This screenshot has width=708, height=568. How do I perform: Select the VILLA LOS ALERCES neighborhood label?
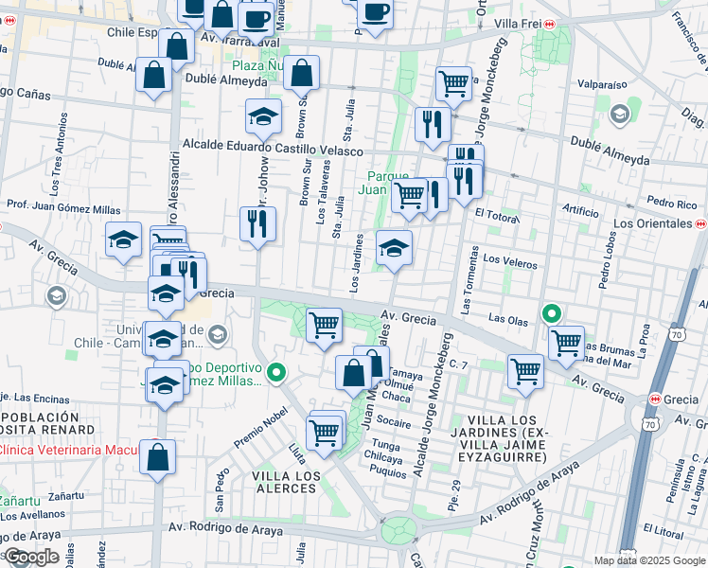286,482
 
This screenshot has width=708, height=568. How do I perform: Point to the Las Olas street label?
507,322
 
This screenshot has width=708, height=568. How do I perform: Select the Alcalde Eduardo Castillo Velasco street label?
273,150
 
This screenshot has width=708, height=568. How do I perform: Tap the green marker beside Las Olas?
550,312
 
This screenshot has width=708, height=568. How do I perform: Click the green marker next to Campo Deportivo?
275,373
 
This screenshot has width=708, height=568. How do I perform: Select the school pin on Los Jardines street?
395,249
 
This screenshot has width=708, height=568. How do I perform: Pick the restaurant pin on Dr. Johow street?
257,224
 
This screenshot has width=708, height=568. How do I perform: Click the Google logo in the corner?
32,557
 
